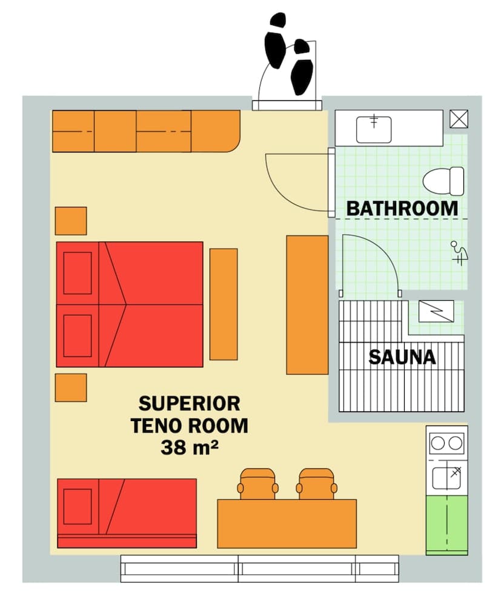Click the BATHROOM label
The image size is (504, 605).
click(x=402, y=208)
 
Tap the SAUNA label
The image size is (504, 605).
click(x=402, y=357)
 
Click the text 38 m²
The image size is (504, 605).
click(x=189, y=447)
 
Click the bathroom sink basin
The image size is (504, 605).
click(x=374, y=128)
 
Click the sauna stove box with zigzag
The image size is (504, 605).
click(x=436, y=311)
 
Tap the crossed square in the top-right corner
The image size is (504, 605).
click(x=459, y=119)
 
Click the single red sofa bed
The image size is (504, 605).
click(x=127, y=512)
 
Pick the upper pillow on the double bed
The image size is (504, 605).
click(x=78, y=273)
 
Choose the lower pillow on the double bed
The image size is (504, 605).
click(x=78, y=335)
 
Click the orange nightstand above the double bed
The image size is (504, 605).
click(x=71, y=221)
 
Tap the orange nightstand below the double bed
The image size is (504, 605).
click(x=71, y=387)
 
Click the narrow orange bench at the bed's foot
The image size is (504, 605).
click(x=224, y=304)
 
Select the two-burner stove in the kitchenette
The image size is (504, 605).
click(x=446, y=443)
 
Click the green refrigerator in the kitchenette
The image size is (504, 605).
click(x=446, y=524)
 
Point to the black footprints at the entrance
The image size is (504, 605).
click(x=288, y=53)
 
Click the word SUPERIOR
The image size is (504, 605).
click(x=189, y=403)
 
